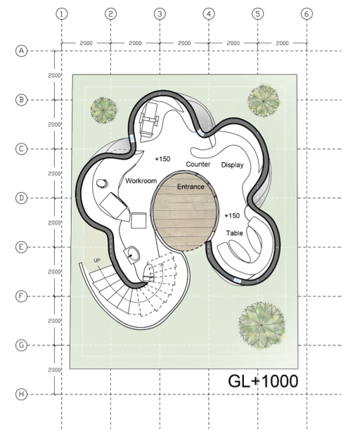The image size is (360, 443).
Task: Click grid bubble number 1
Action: tap(62, 14)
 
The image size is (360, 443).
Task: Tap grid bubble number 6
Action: tap(307, 14)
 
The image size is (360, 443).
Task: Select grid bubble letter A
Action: tap(21, 51)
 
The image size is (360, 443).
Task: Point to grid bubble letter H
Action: tap(21, 394)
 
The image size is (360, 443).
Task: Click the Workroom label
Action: tap(141, 181)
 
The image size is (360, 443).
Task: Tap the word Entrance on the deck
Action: tap(191, 187)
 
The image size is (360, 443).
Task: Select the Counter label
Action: tap(198, 165)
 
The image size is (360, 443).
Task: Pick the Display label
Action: tap(232, 165)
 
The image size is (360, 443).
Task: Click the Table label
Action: tap(235, 233)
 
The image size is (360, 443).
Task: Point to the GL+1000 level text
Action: tap(263, 381)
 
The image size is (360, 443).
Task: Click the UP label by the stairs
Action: tap(97, 260)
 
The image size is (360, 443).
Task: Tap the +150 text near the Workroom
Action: tap(162, 159)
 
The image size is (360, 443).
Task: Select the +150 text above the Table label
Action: tap(232, 216)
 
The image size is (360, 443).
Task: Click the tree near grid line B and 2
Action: tap(103, 110)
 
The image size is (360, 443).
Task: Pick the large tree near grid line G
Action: tap(262, 326)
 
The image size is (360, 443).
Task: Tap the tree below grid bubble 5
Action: tap(264, 101)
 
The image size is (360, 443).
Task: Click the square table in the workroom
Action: tap(139, 221)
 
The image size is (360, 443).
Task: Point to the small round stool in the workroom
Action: tap(102, 184)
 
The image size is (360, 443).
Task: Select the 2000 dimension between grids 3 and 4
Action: tap(184, 43)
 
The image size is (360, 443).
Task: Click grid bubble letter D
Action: tap(21, 198)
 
